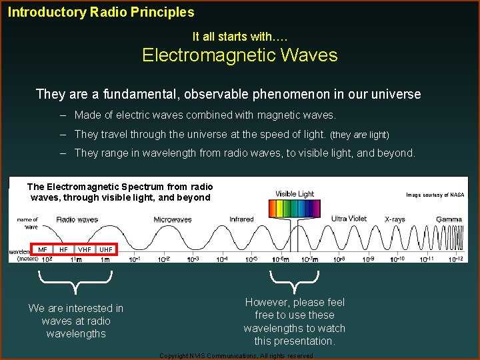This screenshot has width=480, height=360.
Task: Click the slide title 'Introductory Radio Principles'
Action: pyautogui.click(x=101, y=12)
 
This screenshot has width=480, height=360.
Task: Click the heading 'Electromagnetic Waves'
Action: pyautogui.click(x=239, y=55)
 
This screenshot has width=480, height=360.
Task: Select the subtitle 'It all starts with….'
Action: pyautogui.click(x=239, y=37)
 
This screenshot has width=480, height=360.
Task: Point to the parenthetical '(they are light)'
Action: pyautogui.click(x=359, y=135)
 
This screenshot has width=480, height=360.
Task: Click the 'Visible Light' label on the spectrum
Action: pyautogui.click(x=295, y=194)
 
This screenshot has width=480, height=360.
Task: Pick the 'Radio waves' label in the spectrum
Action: pyautogui.click(x=77, y=219)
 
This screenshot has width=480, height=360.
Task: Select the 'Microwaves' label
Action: pyautogui.click(x=173, y=219)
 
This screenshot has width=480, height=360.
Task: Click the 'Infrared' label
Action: pyautogui.click(x=241, y=219)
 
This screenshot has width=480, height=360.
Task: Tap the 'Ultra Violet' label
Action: pyautogui.click(x=349, y=219)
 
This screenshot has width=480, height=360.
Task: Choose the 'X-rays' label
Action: pyautogui.click(x=395, y=219)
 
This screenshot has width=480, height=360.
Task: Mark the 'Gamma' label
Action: pyautogui.click(x=449, y=219)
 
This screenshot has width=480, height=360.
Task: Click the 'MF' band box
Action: pyautogui.click(x=43, y=250)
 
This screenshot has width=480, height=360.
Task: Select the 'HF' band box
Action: pyautogui.click(x=63, y=250)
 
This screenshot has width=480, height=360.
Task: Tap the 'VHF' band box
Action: pyautogui.click(x=85, y=250)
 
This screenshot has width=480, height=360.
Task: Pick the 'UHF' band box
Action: pyautogui.click(x=106, y=250)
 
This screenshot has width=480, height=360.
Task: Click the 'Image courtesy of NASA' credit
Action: pyautogui.click(x=435, y=195)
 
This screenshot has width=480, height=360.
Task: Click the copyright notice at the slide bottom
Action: pyautogui.click(x=236, y=356)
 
